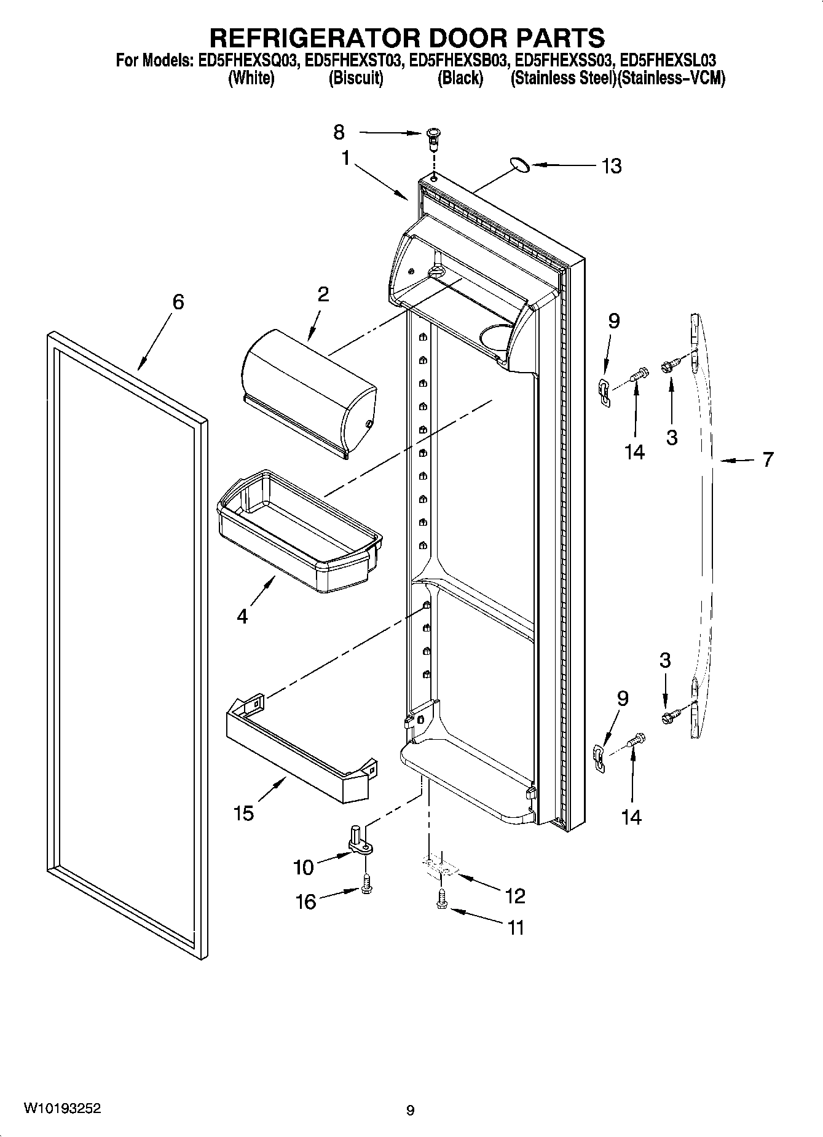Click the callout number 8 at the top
tap(339, 132)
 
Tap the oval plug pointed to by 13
tap(519, 164)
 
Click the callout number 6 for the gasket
tap(178, 301)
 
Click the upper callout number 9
tap(613, 321)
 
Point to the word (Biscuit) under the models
tap(356, 79)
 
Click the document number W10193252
tap(62, 1109)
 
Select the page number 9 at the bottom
tap(410, 1111)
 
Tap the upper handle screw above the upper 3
tap(669, 366)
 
